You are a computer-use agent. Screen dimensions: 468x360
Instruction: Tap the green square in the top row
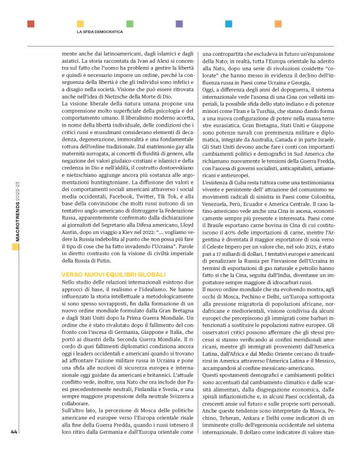coord(130,24)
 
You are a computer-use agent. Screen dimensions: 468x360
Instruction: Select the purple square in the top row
coord(179,24)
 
